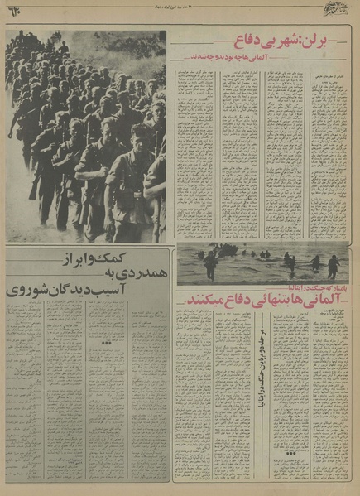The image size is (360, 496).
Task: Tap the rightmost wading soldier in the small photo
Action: click(x=333, y=265)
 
